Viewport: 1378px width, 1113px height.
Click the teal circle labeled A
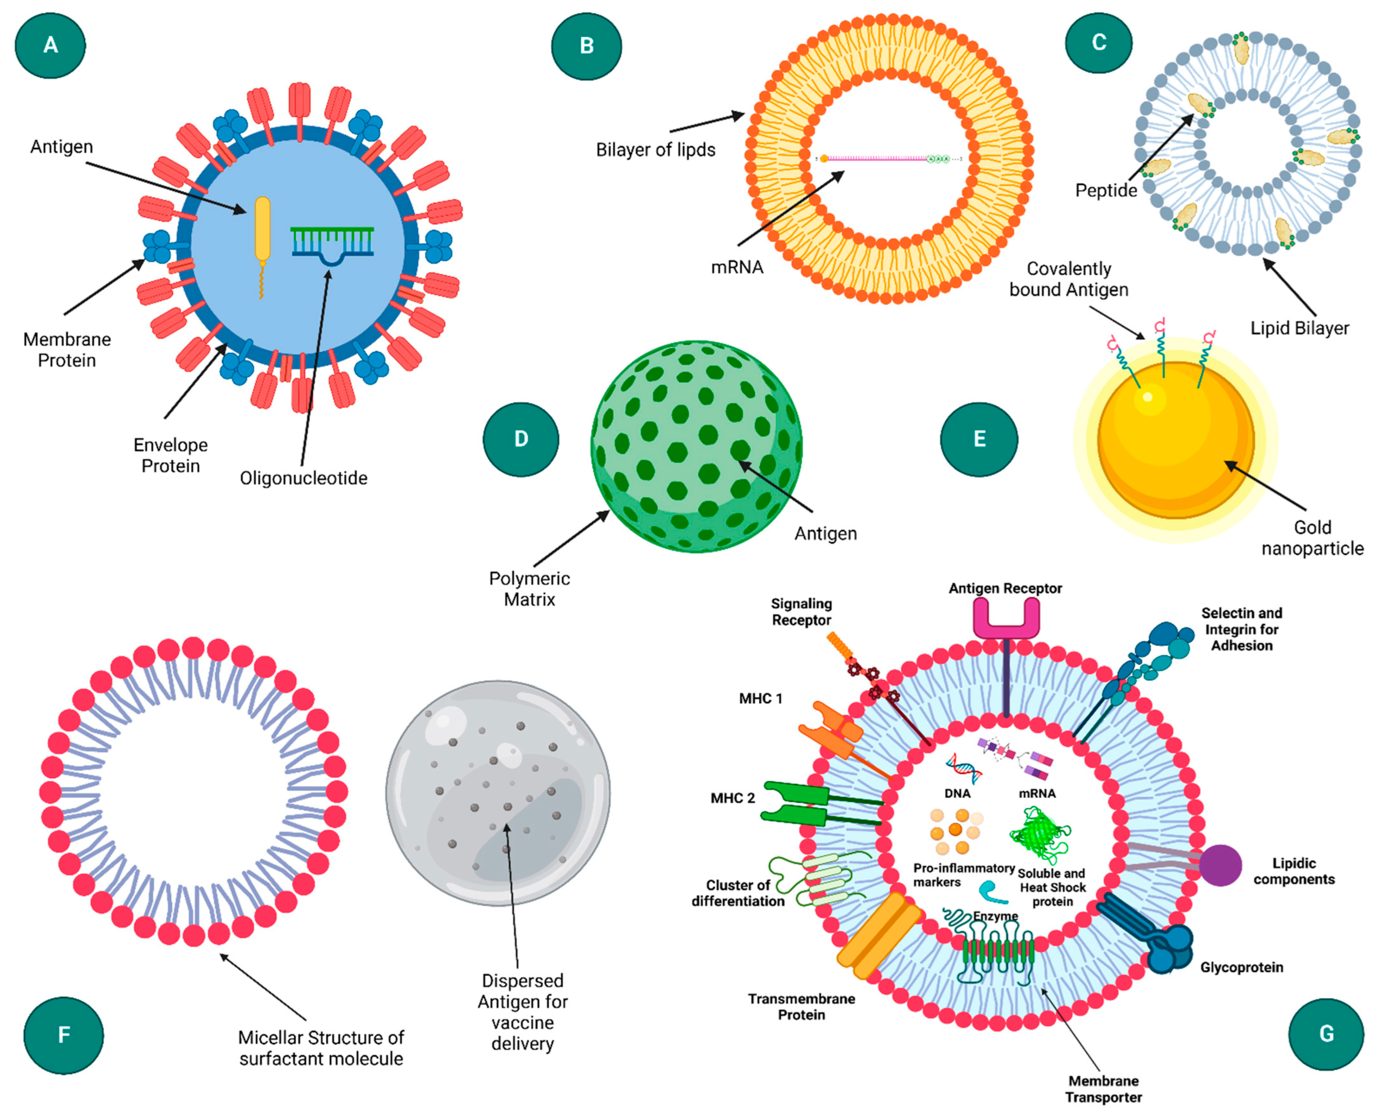pos(50,46)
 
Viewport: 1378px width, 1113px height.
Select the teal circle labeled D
pos(521,439)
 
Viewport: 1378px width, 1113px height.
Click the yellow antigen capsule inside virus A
pos(262,229)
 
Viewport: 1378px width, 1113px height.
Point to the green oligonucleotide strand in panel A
pos(332,242)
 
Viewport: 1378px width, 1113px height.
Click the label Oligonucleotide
pos(303,478)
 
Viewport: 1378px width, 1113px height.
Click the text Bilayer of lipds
pos(655,150)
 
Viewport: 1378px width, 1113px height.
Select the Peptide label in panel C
pos(1105,191)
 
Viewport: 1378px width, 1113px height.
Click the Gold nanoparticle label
pos(1312,538)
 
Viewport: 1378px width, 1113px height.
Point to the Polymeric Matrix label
pos(529,589)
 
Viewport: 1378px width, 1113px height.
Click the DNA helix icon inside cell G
pos(963,768)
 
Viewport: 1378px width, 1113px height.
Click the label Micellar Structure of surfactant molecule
pos(320,1048)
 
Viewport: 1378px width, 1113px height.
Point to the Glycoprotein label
pos(1241,968)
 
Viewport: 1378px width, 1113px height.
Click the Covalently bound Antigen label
pos(1068,279)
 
